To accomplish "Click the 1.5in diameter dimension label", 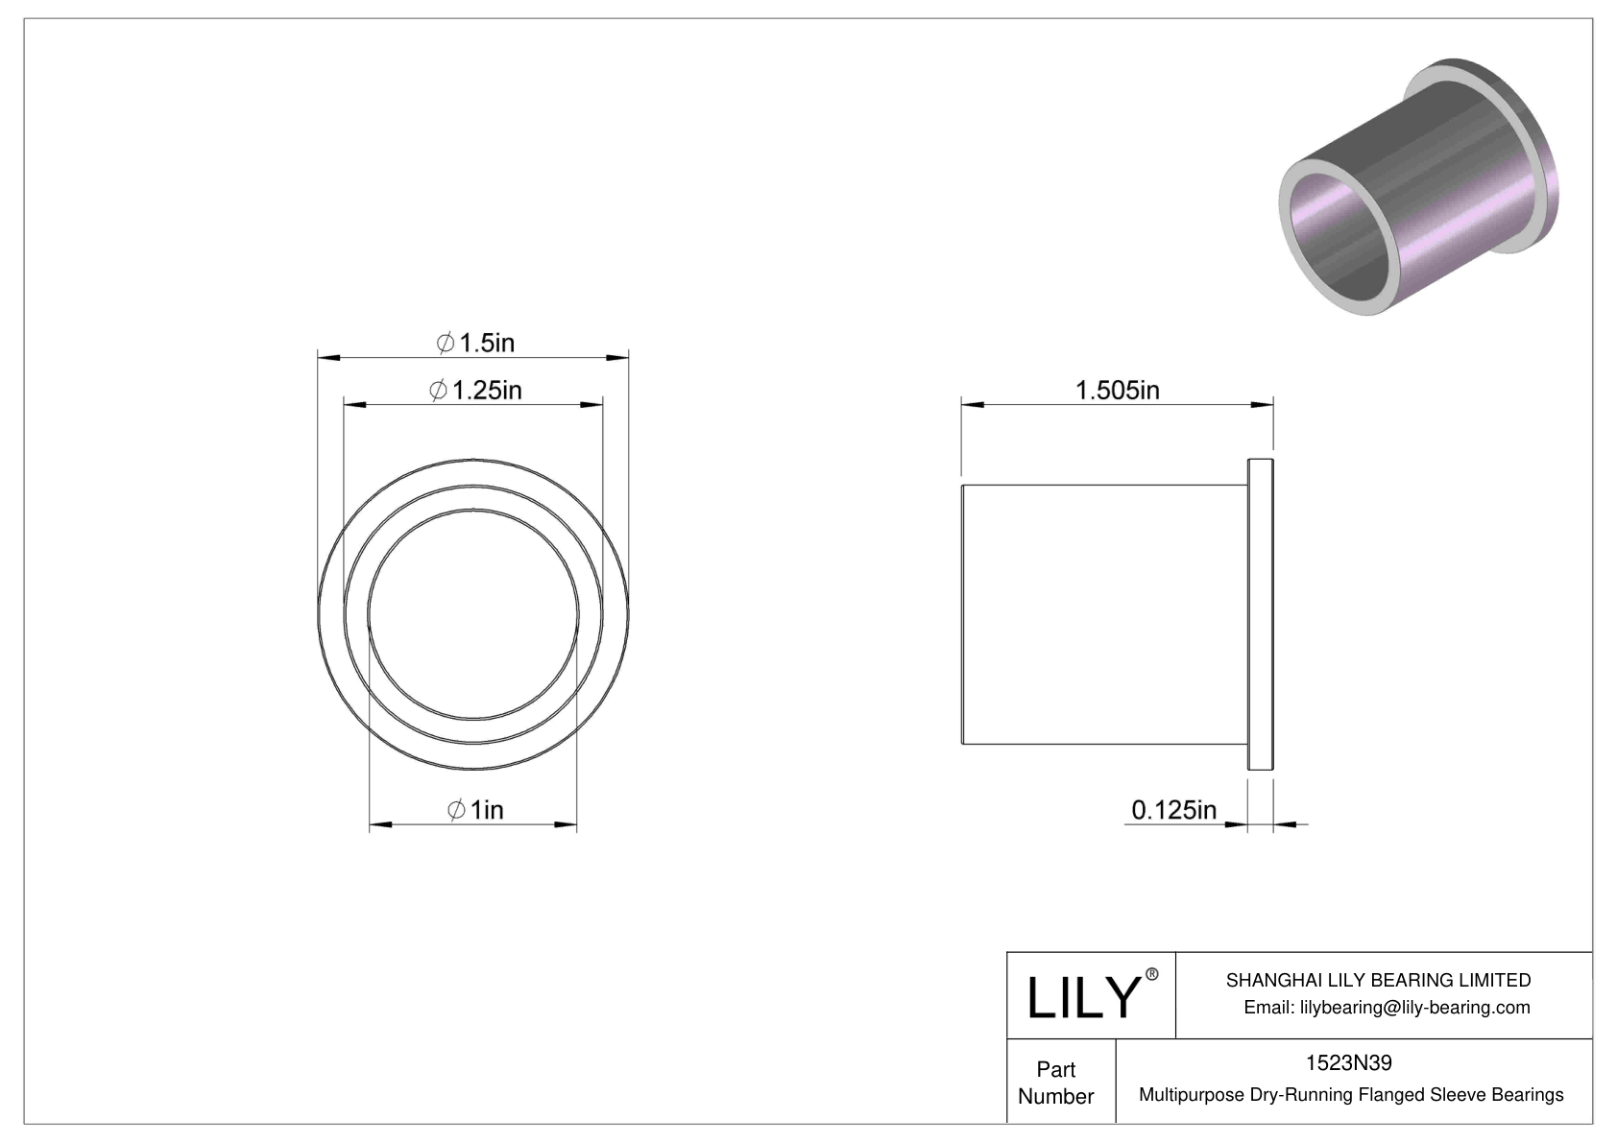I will [x=476, y=342].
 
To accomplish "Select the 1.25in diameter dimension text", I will [x=476, y=390].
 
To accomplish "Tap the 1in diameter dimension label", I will [x=476, y=810].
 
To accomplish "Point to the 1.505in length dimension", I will [x=1117, y=390].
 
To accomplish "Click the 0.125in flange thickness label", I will [x=1173, y=810].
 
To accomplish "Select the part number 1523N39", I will [x=1348, y=1062].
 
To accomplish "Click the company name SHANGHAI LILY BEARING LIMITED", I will [x=1378, y=980].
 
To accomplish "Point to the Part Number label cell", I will [x=1056, y=1083].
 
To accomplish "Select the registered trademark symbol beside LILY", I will [x=1152, y=974].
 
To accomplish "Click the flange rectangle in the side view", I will [x=1260, y=614].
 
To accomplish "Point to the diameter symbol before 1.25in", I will [x=438, y=391].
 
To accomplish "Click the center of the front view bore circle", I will [x=472, y=614].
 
